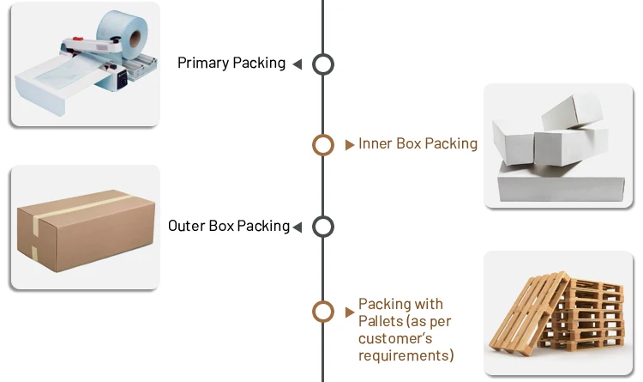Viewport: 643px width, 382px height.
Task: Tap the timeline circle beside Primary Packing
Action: pyautogui.click(x=322, y=64)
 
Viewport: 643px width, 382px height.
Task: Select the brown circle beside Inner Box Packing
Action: pyautogui.click(x=322, y=145)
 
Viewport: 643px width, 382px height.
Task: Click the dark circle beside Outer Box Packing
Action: pyautogui.click(x=322, y=227)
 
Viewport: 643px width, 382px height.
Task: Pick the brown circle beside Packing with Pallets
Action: pyautogui.click(x=322, y=312)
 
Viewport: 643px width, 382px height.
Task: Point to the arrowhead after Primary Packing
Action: pyautogui.click(x=297, y=64)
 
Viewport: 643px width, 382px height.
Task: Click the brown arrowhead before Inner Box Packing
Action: pyautogui.click(x=350, y=145)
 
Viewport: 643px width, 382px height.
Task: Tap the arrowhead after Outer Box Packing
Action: pyautogui.click(x=297, y=227)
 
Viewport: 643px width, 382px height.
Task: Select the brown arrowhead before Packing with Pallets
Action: pyautogui.click(x=350, y=312)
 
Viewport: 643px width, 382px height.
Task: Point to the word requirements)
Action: pyautogui.click(x=406, y=355)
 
